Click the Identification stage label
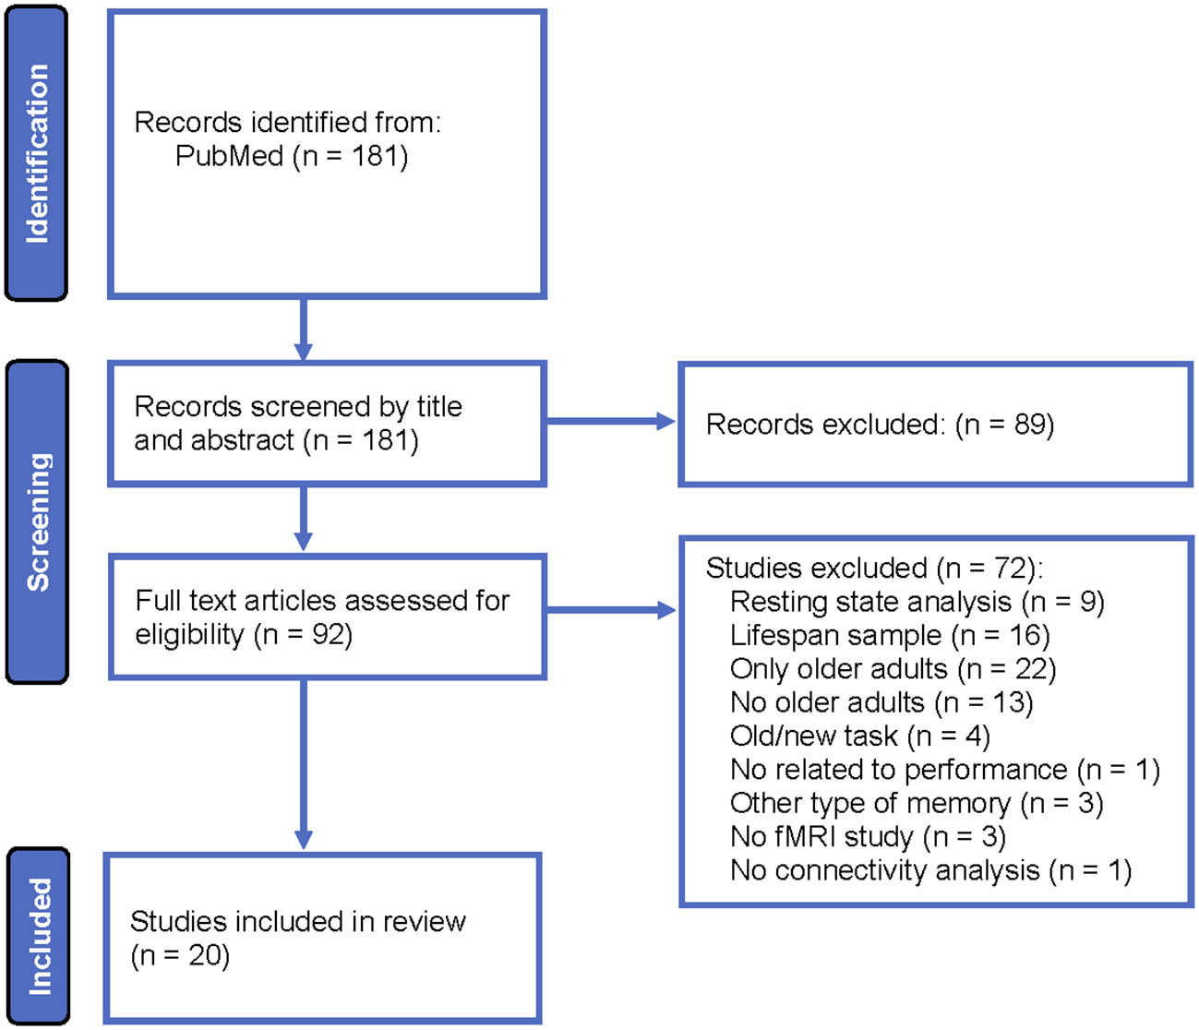click(x=37, y=153)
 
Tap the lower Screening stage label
click(x=37, y=522)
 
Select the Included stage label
click(x=39, y=936)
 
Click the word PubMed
click(x=229, y=156)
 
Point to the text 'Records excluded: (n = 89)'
click(x=879, y=425)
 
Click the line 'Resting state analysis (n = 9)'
click(x=917, y=602)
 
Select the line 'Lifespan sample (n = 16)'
click(x=890, y=635)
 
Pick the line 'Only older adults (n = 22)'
click(x=893, y=668)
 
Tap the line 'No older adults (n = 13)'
click(x=881, y=702)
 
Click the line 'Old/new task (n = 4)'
click(x=859, y=736)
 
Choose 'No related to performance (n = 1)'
click(x=944, y=769)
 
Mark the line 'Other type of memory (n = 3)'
click(x=916, y=803)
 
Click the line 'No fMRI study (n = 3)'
click(x=868, y=836)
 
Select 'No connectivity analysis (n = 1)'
click(x=930, y=870)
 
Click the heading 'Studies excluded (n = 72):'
click(x=874, y=568)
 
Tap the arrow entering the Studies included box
click(x=303, y=835)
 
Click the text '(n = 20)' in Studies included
click(x=180, y=955)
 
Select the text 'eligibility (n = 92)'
click(x=244, y=635)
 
